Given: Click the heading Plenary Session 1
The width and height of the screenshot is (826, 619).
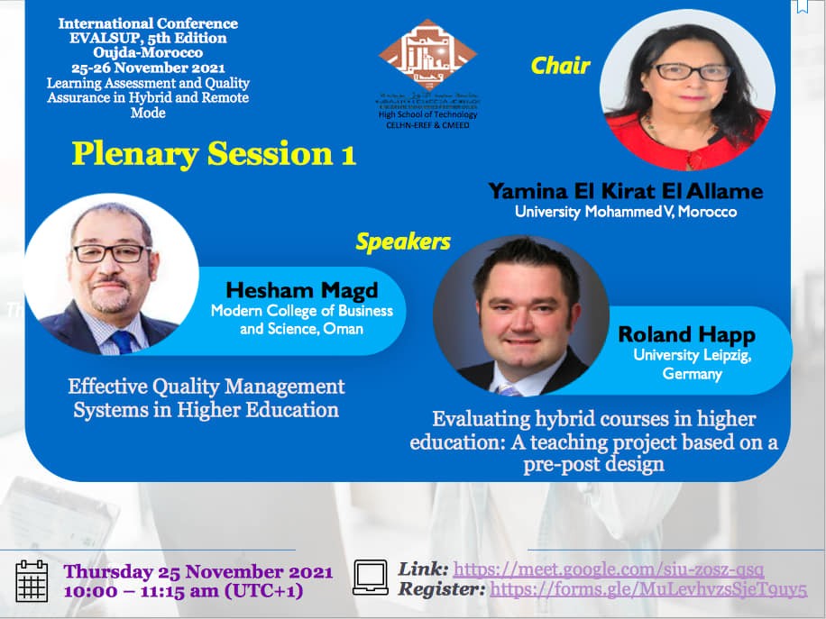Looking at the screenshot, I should [214, 154].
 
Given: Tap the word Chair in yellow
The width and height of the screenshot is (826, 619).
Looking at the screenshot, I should [560, 66].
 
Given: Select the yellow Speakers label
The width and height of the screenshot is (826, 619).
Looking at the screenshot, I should [402, 241].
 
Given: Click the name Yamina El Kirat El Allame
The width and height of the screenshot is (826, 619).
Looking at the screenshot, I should [625, 191].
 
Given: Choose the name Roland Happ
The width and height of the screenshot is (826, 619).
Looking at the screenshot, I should [686, 335].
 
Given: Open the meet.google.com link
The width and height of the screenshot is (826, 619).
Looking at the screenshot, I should [609, 569].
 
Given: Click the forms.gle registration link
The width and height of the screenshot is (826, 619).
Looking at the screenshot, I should [648, 590].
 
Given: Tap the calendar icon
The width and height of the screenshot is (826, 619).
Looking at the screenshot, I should [32, 580].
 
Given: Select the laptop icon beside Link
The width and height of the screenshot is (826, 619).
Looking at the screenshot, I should [370, 577].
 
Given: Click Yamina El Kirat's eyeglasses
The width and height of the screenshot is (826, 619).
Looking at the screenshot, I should [691, 71].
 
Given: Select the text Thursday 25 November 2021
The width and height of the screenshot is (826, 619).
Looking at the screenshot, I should [198, 572].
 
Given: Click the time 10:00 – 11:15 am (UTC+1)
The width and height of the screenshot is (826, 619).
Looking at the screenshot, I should [183, 592].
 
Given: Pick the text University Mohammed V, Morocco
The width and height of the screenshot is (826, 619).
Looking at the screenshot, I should [625, 213].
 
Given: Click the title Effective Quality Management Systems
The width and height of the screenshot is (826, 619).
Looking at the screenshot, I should [206, 398].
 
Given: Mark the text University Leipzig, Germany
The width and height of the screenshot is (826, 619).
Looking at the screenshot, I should [692, 364].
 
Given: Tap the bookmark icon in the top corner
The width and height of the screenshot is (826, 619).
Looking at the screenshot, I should [802, 6].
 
